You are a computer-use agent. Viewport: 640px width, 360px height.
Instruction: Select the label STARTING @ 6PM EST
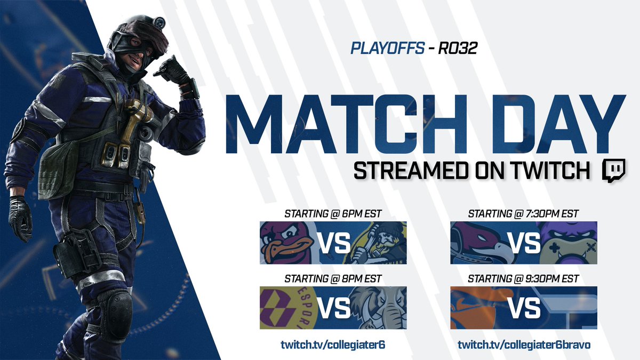coord(333,214)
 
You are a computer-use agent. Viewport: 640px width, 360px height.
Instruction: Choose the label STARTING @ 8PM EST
coord(333,279)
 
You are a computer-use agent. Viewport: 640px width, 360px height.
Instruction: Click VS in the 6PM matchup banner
coord(334,243)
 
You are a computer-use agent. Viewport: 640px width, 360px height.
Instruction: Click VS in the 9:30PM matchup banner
coord(523,308)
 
